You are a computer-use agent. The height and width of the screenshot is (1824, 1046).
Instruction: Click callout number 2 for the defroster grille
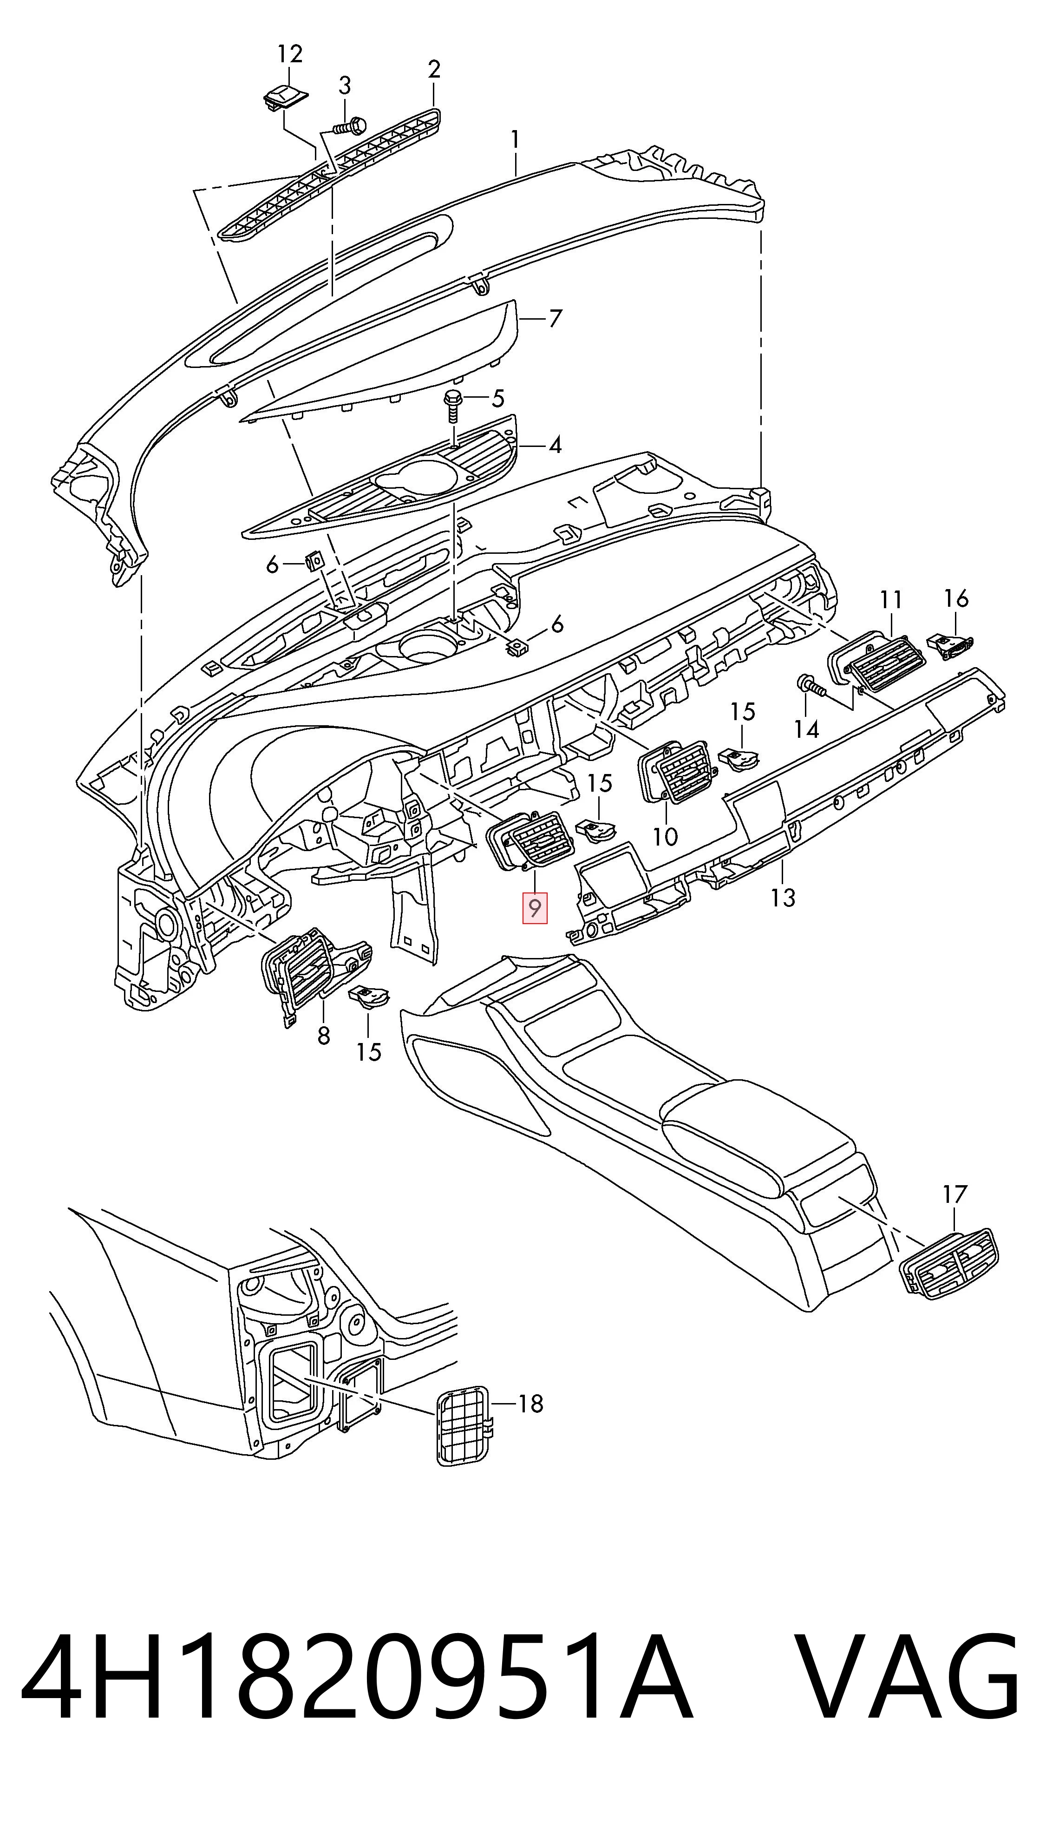[x=433, y=70]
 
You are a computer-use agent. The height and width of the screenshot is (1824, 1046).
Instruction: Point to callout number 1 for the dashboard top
[x=514, y=140]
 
